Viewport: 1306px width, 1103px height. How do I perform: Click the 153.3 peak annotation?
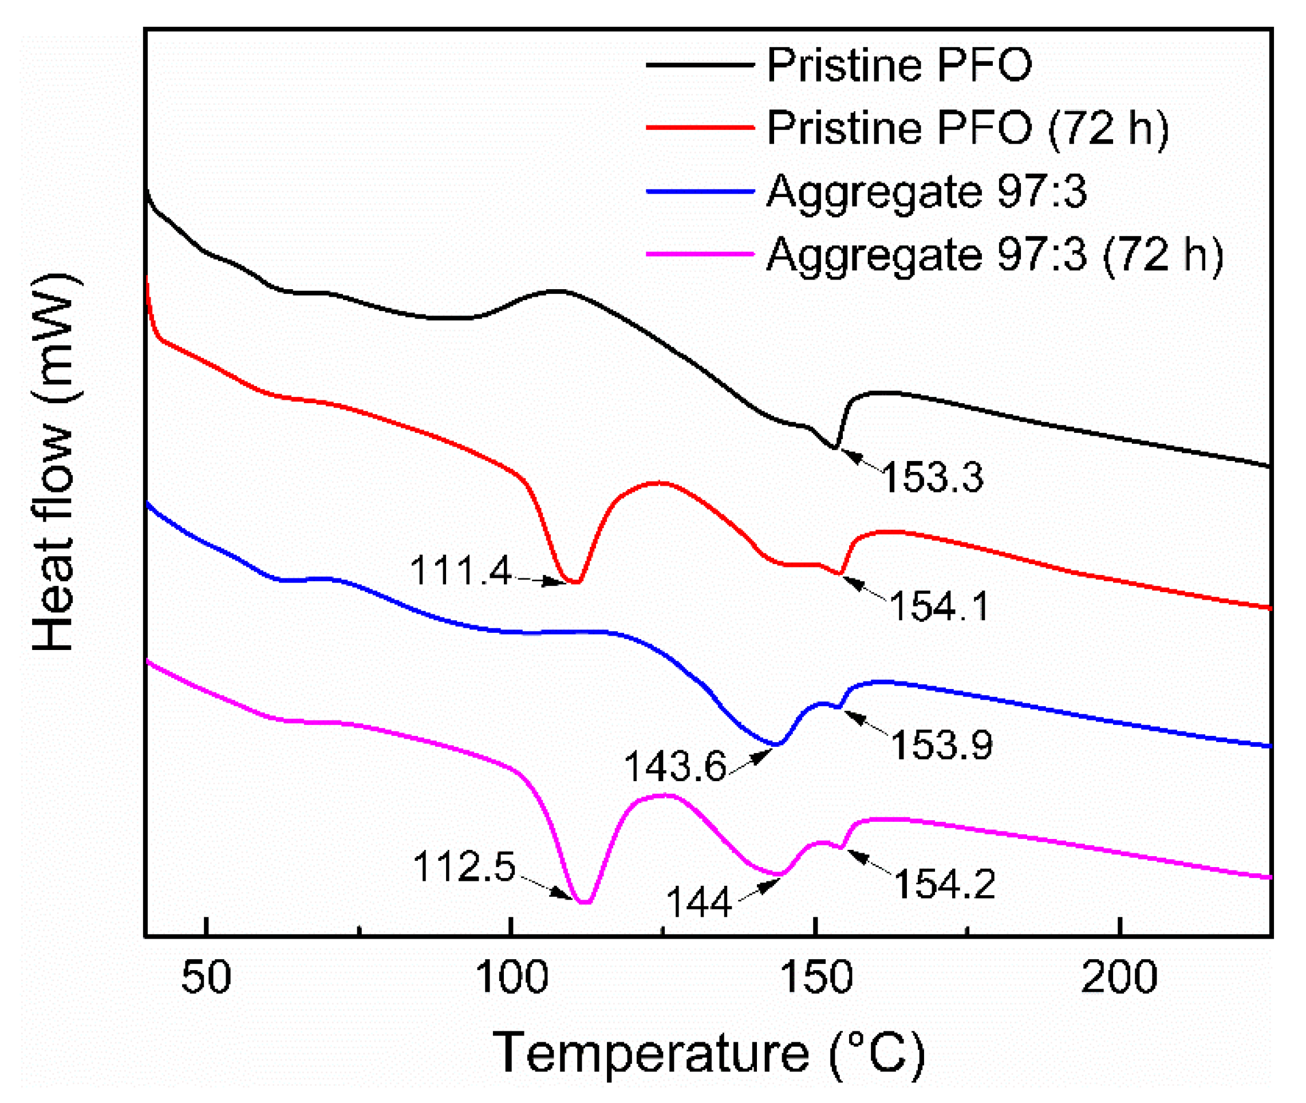click(x=932, y=477)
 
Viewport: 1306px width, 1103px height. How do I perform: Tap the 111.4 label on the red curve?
click(x=461, y=571)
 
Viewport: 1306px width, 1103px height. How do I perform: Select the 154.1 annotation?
click(x=940, y=606)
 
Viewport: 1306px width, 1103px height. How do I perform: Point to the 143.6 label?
click(x=675, y=766)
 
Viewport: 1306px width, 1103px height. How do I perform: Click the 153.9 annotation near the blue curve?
click(x=941, y=744)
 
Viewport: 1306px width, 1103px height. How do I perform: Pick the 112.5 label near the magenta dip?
click(x=464, y=867)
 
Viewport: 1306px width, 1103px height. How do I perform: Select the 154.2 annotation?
click(x=945, y=884)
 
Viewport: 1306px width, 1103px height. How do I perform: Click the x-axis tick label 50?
click(x=206, y=979)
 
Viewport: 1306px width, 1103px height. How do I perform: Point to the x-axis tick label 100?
click(x=512, y=979)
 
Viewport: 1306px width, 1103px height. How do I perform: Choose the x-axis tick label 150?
click(x=816, y=979)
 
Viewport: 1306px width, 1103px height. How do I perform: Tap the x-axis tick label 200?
click(x=1119, y=979)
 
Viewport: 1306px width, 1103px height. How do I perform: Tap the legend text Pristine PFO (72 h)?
click(x=967, y=128)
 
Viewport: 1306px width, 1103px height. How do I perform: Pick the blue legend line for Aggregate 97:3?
click(x=700, y=191)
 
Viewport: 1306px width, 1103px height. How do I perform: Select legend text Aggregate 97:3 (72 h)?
click(x=995, y=255)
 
